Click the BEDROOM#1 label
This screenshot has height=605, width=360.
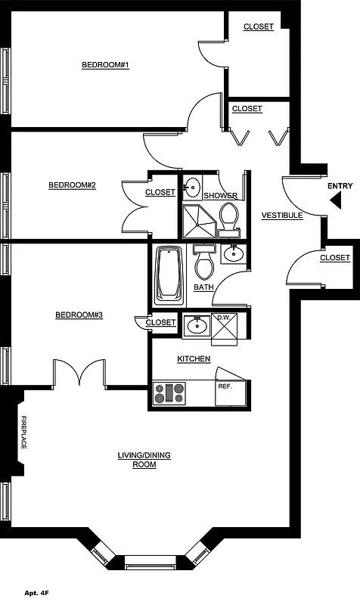click(x=105, y=65)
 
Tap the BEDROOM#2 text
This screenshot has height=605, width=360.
click(x=72, y=185)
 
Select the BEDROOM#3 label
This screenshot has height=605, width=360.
click(x=79, y=315)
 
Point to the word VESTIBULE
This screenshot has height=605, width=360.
click(x=282, y=216)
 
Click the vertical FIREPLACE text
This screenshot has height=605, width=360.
click(x=23, y=433)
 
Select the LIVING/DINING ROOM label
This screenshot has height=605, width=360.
click(x=144, y=460)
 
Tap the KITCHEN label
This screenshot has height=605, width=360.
click(x=194, y=358)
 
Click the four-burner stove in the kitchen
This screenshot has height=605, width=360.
click(x=169, y=393)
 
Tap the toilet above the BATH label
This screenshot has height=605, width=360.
click(x=203, y=263)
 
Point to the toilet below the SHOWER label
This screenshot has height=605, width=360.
click(x=228, y=218)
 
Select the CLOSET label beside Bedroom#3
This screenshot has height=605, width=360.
click(x=160, y=323)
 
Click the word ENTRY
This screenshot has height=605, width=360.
click(x=340, y=186)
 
